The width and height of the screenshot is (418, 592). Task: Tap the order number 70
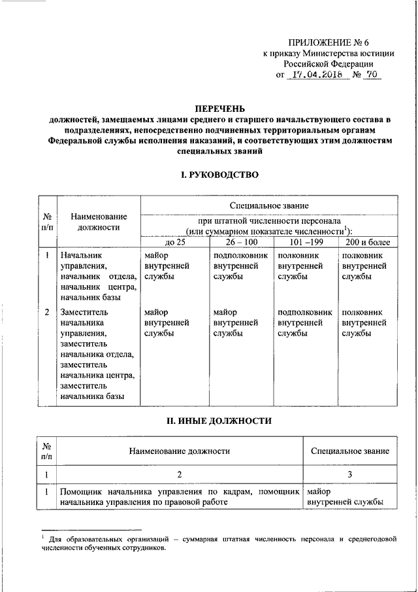(370, 75)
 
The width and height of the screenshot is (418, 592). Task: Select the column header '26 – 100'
(239, 243)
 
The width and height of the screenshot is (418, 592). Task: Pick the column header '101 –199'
(303, 243)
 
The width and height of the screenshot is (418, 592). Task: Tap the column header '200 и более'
(366, 243)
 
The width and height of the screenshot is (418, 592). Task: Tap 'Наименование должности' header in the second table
(179, 451)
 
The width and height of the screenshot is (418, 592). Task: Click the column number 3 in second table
(350, 474)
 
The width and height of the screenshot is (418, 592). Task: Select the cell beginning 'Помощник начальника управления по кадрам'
(179, 496)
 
